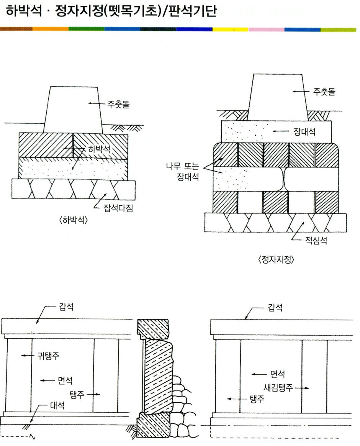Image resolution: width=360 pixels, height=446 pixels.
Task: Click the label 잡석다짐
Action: coord(118,208)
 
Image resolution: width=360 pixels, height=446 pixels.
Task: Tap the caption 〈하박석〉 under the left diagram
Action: coord(74,220)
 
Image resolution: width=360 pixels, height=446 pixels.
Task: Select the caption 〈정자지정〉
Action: coord(276,260)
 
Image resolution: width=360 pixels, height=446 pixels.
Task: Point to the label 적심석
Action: coord(316,241)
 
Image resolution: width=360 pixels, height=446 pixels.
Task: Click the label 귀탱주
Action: coord(48,356)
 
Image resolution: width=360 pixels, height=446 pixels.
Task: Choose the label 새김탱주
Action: coord(278,388)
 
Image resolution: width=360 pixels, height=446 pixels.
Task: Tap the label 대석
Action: coord(57,405)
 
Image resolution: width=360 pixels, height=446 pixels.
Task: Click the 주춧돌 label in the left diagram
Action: coord(118,104)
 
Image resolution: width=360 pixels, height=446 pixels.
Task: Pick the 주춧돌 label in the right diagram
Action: coord(324,92)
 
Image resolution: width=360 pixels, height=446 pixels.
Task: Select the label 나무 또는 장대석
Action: coord(183,172)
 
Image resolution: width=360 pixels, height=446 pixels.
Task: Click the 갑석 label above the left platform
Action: coord(66,307)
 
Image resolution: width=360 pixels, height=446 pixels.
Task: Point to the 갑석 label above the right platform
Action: coord(275,307)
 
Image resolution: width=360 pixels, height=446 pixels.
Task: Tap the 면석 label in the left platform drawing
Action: coord(65,380)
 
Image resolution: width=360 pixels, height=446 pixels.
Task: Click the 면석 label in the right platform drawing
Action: coord(277,374)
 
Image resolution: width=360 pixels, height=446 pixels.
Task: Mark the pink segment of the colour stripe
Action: coord(267,29)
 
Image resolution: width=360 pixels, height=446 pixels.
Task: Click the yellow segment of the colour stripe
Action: coord(230,29)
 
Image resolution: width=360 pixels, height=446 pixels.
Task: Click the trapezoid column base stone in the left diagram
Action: coord(74,110)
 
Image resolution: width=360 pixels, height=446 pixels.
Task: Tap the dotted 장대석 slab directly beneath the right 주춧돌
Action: coord(276,131)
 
